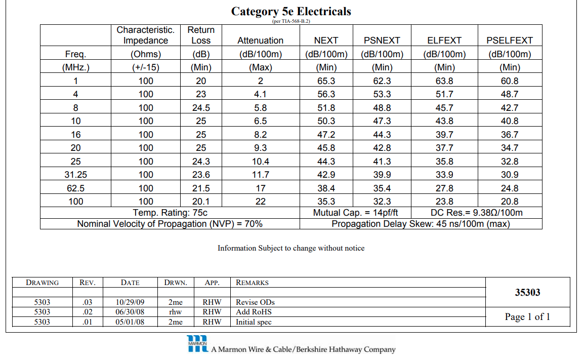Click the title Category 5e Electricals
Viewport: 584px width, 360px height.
point(291,12)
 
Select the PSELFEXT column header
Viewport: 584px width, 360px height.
point(510,40)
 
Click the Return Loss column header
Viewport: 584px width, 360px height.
point(201,35)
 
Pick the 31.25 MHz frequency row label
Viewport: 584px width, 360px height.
point(75,175)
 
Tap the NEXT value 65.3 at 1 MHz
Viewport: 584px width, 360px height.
point(326,81)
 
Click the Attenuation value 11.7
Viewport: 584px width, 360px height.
point(260,175)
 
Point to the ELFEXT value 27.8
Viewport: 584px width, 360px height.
point(444,188)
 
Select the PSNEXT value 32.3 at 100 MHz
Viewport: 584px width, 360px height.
point(382,202)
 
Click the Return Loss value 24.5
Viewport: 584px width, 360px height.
point(201,108)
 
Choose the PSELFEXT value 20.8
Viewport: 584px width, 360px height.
point(510,202)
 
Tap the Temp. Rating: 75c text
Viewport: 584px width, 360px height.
point(170,213)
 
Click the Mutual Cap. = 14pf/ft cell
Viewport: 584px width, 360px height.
point(355,213)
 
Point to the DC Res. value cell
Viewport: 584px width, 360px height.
point(477,213)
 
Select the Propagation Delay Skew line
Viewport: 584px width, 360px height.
point(421,224)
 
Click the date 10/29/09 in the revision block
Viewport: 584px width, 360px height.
point(130,302)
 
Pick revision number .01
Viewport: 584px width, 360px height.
point(88,322)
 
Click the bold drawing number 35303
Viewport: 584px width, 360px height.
point(527,292)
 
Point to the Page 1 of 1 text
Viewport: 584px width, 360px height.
point(527,317)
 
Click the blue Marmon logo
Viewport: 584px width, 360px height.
point(197,344)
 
